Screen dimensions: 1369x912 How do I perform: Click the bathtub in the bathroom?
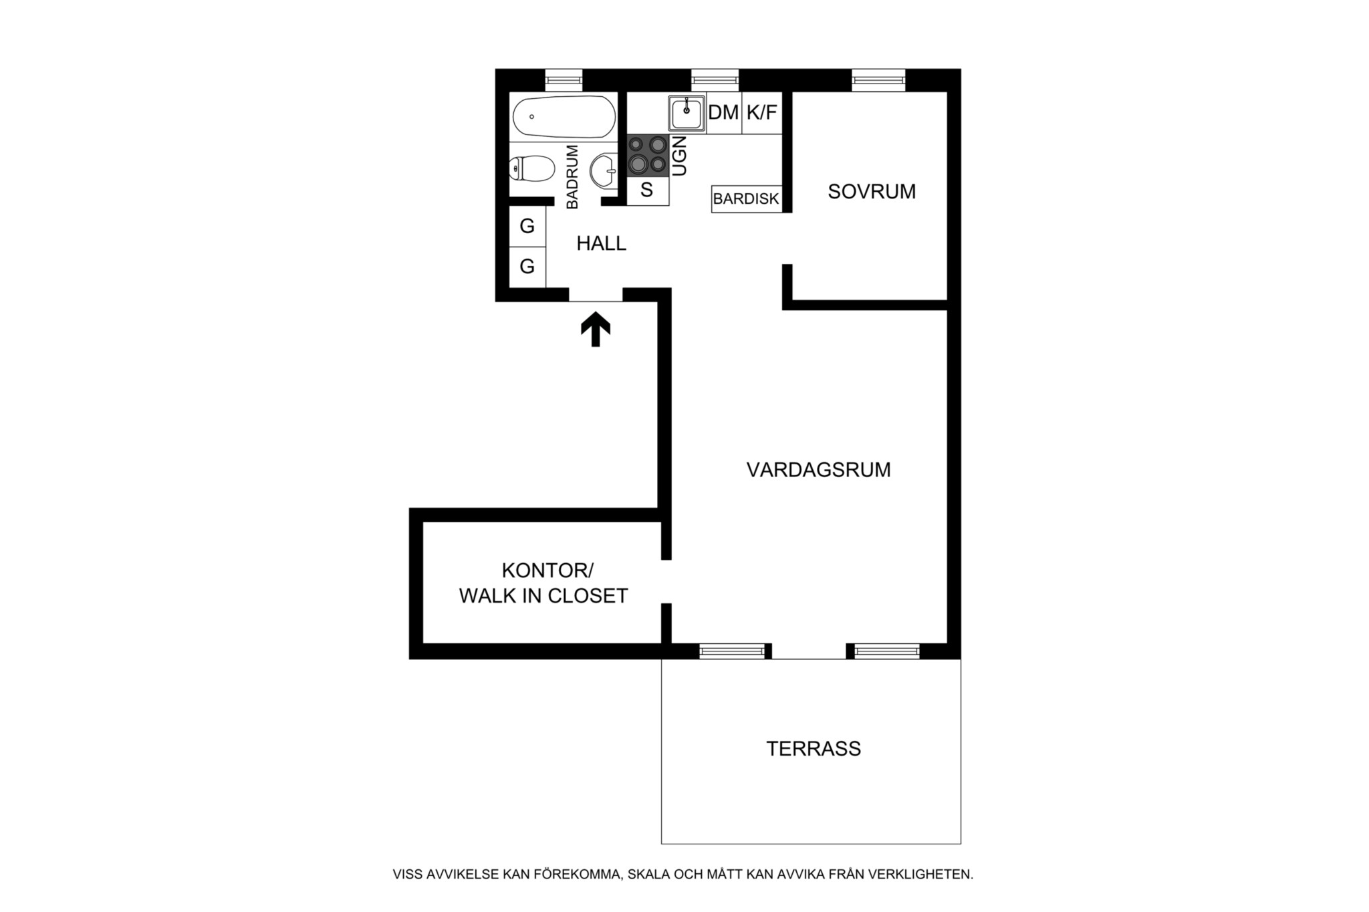(x=564, y=117)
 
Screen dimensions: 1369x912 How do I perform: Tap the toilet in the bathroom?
(x=531, y=168)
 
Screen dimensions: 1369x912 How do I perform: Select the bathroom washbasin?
(x=606, y=170)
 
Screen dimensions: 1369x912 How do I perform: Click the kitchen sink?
(x=687, y=113)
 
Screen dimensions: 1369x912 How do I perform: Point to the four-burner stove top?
(x=648, y=155)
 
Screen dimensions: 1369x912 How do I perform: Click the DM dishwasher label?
(x=723, y=112)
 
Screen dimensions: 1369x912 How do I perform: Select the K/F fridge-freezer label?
(x=762, y=112)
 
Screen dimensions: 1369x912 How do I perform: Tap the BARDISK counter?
(x=746, y=198)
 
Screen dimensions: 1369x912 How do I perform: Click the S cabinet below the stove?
(x=648, y=191)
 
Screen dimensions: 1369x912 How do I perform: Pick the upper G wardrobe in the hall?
(x=527, y=226)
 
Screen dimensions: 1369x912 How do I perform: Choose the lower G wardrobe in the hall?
(x=527, y=267)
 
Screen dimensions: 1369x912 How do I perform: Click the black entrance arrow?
(x=596, y=331)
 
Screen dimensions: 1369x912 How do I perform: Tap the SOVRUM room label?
(x=872, y=192)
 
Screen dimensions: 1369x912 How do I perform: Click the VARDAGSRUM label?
(x=818, y=470)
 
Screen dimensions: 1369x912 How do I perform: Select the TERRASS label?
(x=814, y=748)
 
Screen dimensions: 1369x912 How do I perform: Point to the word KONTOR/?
(x=547, y=571)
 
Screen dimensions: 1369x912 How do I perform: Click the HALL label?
(x=602, y=244)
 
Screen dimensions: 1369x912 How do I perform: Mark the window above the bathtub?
(x=564, y=80)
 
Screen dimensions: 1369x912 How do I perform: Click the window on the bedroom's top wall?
(x=878, y=80)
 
